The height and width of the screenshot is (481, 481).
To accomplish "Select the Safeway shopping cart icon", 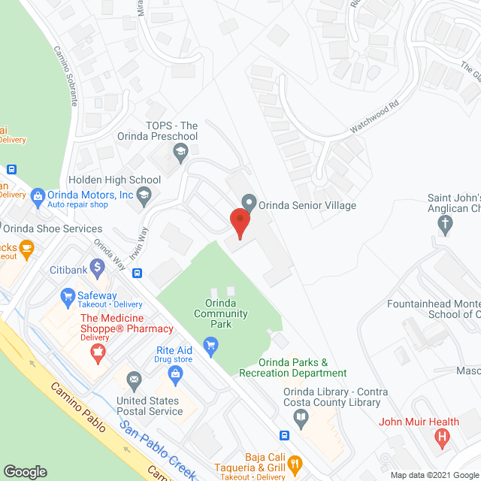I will point(67,296).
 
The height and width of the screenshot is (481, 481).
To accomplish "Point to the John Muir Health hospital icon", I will point(443,436).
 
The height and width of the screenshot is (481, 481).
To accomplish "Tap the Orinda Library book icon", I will point(301,418).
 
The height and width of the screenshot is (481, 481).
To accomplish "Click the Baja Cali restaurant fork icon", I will point(295,462).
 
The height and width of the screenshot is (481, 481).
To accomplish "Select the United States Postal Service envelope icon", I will point(135,378).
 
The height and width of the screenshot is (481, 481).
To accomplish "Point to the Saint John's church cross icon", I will point(445,223).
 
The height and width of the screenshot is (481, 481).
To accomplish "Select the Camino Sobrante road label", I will point(65,75).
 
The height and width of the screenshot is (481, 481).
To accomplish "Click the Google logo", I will point(25,471).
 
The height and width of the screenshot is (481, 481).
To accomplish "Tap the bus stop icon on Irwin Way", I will point(137,272).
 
